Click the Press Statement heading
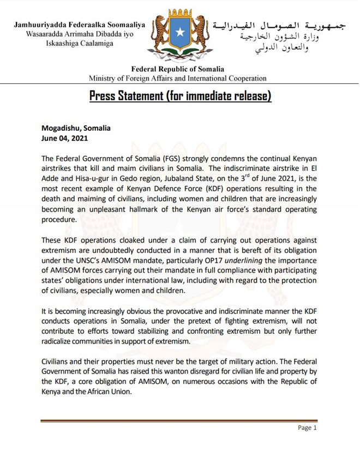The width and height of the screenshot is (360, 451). point(180,97)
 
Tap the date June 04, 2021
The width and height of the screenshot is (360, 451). point(64,139)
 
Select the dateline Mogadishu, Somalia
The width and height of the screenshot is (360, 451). point(76,129)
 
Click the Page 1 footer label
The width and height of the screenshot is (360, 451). point(307,428)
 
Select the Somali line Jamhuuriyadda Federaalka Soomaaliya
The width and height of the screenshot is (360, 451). point(80,25)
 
